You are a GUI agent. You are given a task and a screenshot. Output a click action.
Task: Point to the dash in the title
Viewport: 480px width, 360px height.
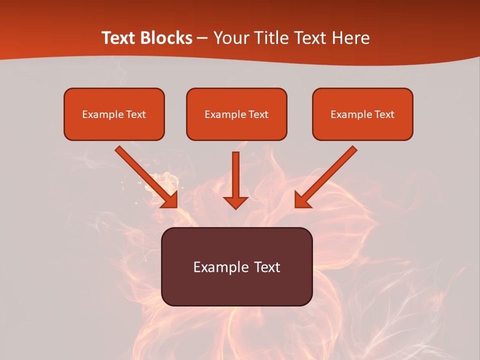click(202, 38)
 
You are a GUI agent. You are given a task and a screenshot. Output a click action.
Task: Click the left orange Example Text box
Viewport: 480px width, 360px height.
click(114, 114)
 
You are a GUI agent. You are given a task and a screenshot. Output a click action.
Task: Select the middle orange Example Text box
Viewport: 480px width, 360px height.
click(236, 114)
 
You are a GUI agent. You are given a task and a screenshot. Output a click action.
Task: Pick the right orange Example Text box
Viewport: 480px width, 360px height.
click(362, 114)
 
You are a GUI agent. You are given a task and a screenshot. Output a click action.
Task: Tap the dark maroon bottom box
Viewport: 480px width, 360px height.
click(236, 266)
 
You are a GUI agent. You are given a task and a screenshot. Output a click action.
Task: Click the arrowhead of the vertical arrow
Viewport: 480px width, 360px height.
click(235, 201)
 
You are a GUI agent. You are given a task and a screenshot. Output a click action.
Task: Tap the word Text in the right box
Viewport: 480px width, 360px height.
click(384, 114)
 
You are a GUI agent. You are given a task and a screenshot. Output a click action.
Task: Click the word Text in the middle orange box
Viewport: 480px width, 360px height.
click(258, 114)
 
